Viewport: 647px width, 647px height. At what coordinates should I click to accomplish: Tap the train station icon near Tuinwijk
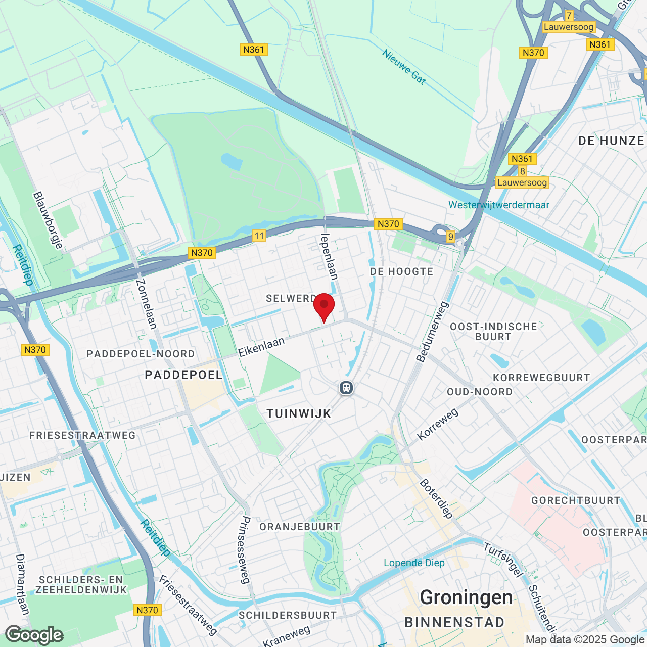coord(346,388)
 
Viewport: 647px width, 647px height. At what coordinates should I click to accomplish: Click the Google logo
coord(34,635)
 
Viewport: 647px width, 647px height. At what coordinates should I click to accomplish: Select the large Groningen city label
coord(466,597)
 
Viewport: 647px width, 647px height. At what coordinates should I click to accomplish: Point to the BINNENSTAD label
coord(454,622)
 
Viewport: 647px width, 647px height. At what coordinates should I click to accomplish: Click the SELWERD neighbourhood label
coord(291,298)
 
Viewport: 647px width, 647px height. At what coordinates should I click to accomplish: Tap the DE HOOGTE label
coord(402,271)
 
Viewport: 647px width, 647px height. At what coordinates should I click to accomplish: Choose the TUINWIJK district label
coord(299,413)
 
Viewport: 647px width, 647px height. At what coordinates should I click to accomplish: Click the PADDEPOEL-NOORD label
coord(141,354)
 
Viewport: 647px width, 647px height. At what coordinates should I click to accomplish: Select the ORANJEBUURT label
coord(300,527)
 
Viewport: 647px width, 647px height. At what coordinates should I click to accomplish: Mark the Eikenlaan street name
coord(261,347)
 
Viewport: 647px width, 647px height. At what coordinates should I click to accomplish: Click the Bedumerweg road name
coord(432,332)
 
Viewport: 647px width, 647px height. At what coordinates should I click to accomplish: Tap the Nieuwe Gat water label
coord(404,66)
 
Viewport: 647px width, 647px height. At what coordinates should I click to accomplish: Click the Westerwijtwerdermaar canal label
coord(499,205)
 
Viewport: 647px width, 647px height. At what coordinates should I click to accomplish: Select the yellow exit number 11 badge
coord(259,235)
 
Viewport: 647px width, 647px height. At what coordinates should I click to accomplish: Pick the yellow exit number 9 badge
coord(451,236)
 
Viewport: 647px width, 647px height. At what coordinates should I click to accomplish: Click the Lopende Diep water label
coord(414,563)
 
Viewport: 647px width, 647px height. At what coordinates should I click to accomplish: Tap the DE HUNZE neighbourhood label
coord(611,141)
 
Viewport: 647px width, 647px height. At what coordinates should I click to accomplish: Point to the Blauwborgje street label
coord(48,220)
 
